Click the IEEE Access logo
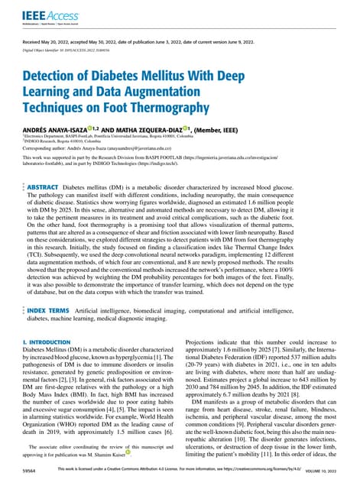tap(44, 15)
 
